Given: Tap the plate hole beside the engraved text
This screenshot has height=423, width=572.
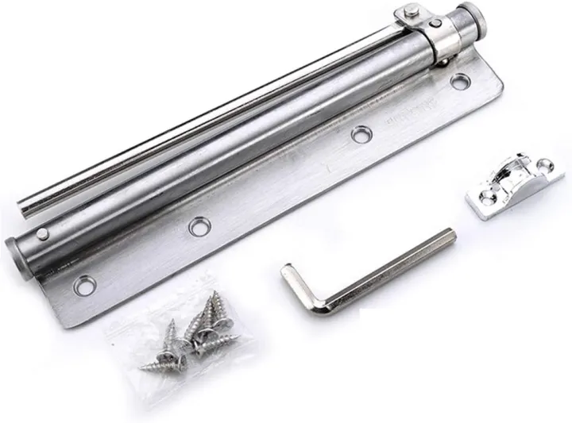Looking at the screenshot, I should (x=362, y=136).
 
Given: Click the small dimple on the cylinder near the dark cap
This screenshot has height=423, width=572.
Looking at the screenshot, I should (x=42, y=231).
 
